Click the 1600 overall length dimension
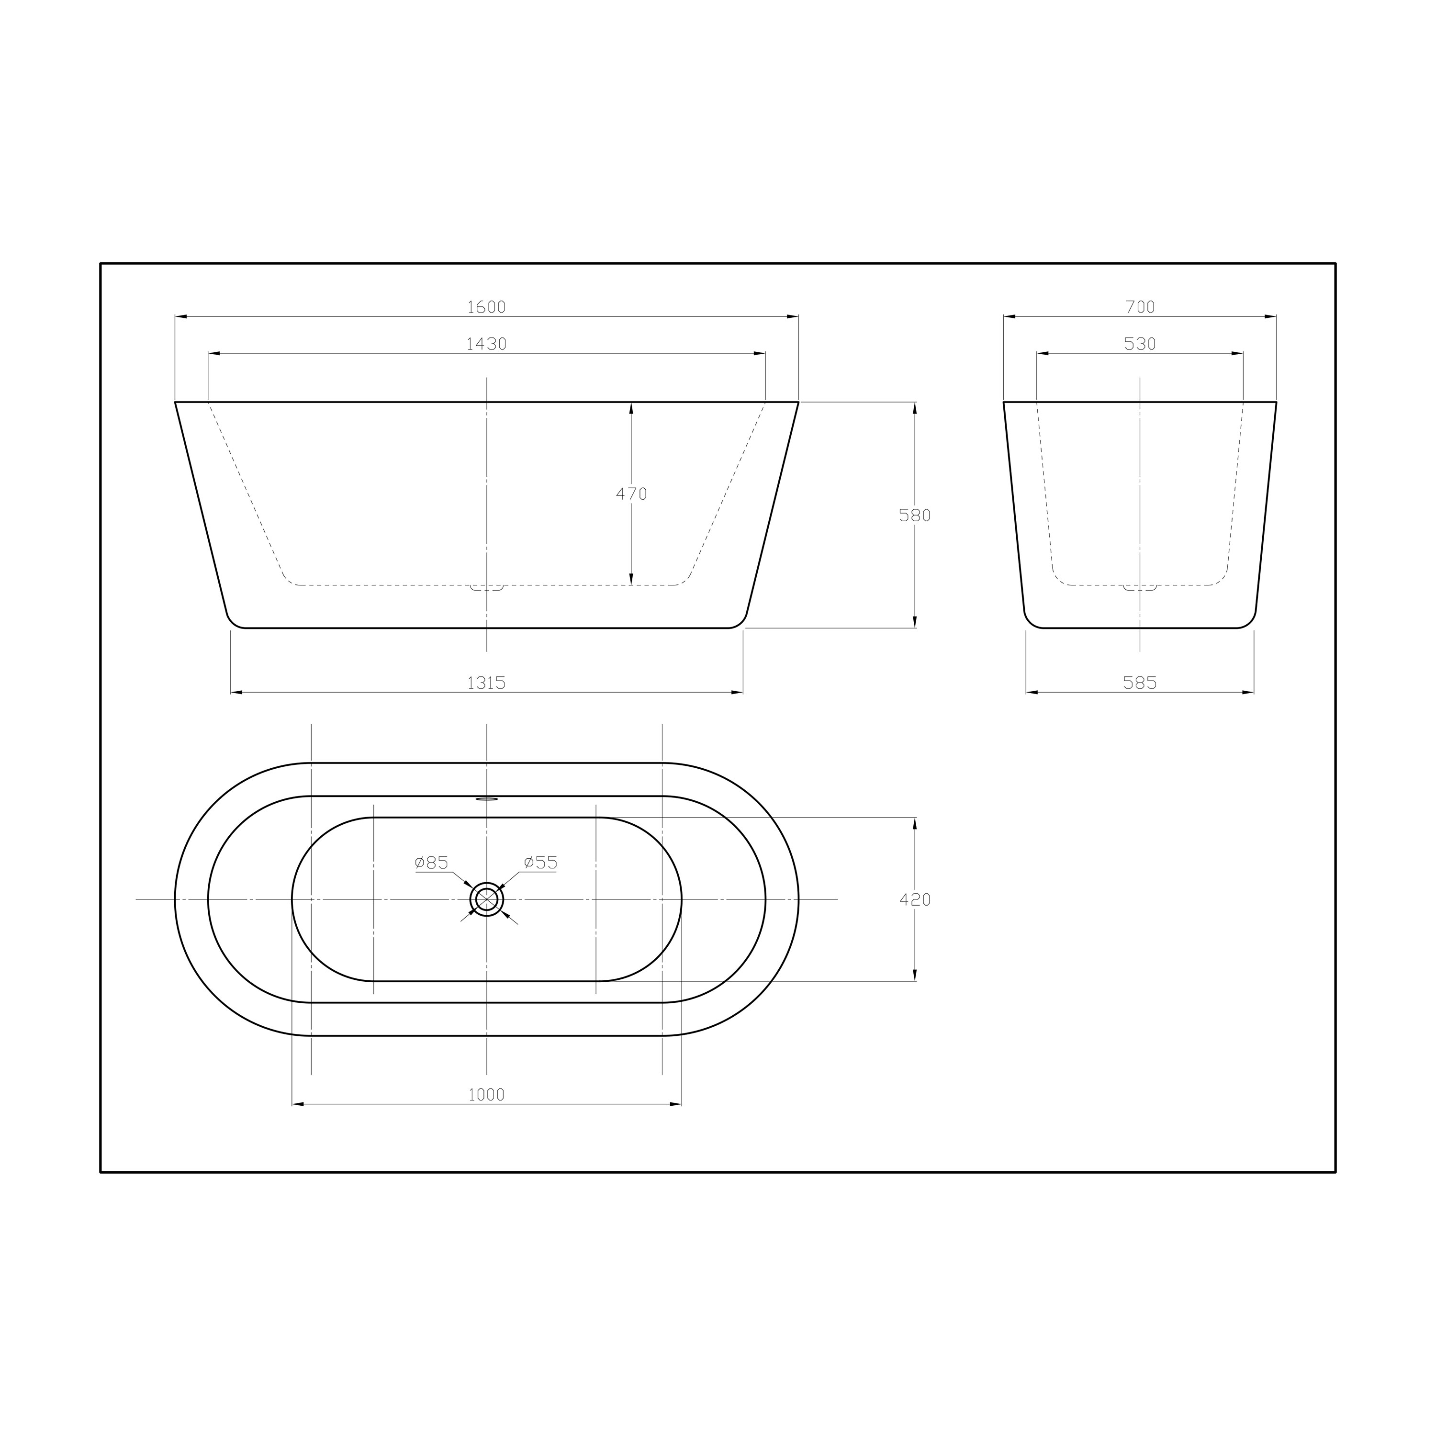click(486, 307)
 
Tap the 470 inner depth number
click(632, 494)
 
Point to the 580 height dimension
click(915, 515)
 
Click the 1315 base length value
click(486, 682)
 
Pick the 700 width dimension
click(1140, 307)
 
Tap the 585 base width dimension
click(1140, 682)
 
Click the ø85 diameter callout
click(432, 862)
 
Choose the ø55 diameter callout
click(540, 862)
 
